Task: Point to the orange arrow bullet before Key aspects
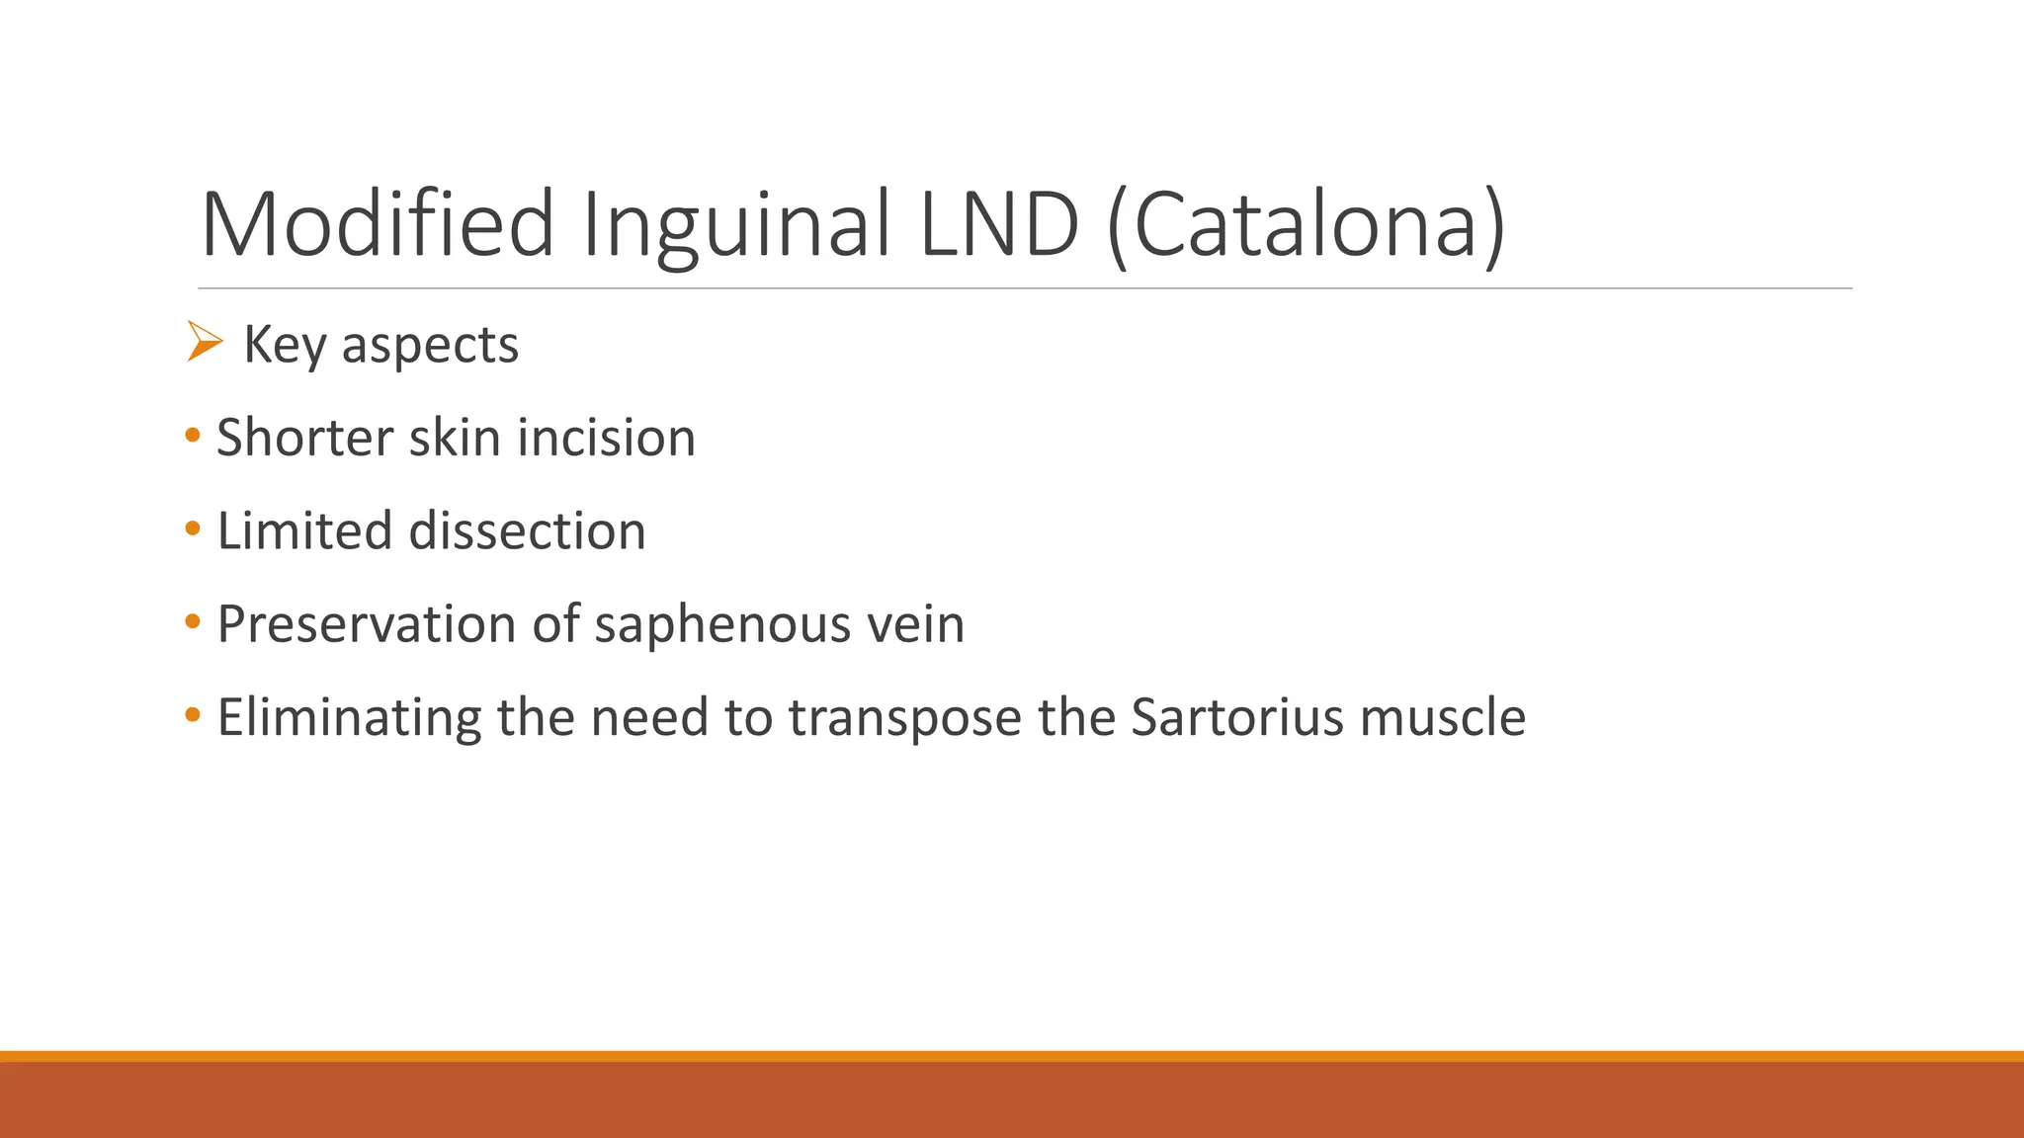tap(204, 342)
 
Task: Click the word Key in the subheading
tap(285, 345)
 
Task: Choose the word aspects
tap(430, 345)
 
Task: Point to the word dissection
tap(527, 530)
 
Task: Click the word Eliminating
tap(349, 717)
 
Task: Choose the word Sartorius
tap(1237, 717)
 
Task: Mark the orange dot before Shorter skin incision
tap(193, 435)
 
